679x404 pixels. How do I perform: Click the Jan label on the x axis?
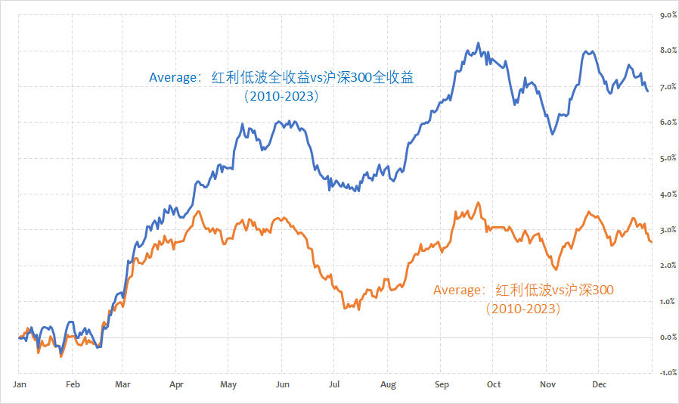click(20, 384)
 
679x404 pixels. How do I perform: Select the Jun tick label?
click(284, 384)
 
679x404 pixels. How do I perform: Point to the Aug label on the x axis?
click(388, 384)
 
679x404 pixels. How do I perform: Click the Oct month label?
click(493, 384)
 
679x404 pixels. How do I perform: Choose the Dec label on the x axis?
click(599, 384)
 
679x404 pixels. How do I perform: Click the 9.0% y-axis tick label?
click(668, 15)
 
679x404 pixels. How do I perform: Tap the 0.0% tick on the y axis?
click(668, 337)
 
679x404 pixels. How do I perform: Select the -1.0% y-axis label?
click(666, 373)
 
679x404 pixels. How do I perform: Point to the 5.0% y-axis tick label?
click(668, 159)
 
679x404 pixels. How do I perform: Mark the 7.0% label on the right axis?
click(668, 87)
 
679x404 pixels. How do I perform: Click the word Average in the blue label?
click(172, 77)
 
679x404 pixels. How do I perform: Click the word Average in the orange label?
click(457, 290)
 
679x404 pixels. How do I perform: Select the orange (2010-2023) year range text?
click(523, 309)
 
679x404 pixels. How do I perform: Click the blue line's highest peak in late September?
click(479, 43)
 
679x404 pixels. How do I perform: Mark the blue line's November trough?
click(553, 134)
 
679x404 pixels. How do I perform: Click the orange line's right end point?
click(651, 242)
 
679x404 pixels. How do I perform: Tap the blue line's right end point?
click(647, 91)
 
